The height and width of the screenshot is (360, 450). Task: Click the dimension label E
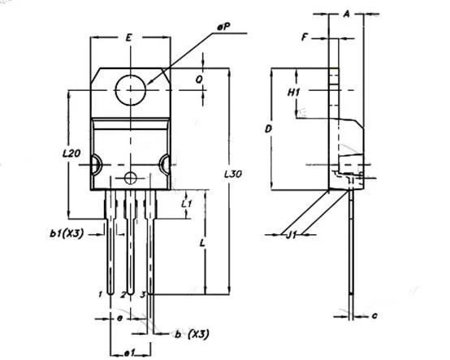(x=129, y=37)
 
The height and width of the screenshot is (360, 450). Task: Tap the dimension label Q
(x=200, y=79)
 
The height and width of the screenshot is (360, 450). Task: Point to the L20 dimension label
(x=71, y=153)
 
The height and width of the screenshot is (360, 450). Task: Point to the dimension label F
(x=305, y=37)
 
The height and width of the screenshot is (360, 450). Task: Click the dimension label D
(x=267, y=128)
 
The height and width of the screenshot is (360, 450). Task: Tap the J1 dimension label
(x=290, y=235)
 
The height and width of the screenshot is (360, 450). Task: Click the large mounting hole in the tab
(x=131, y=89)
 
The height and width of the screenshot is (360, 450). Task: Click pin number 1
(x=99, y=292)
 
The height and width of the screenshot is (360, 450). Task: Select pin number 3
(x=142, y=292)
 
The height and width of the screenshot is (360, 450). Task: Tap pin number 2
(x=123, y=293)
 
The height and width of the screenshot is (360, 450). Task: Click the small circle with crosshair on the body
(x=131, y=177)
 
